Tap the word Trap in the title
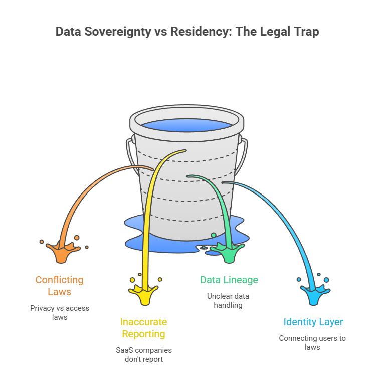tap(306, 32)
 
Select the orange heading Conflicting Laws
tap(59, 286)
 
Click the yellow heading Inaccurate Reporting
tap(144, 328)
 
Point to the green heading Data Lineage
tap(229, 280)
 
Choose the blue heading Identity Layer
tap(313, 322)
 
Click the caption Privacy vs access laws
tap(59, 312)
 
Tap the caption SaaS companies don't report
tap(144, 354)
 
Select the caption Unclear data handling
tap(229, 300)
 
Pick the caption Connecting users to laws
tap(313, 342)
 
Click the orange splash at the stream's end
tap(60, 252)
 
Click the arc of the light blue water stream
tap(286, 211)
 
